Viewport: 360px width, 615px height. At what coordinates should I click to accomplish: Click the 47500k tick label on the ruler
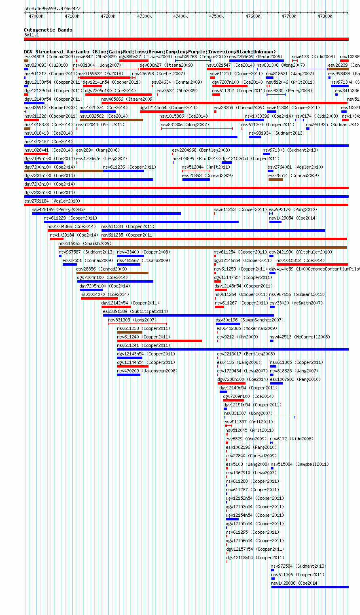(216, 16)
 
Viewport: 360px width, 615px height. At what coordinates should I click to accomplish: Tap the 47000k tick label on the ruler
(36, 16)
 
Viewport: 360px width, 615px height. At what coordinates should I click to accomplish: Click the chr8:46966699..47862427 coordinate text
(52, 8)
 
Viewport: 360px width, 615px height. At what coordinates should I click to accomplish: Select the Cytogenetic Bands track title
(48, 30)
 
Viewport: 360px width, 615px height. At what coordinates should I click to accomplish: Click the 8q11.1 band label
(32, 35)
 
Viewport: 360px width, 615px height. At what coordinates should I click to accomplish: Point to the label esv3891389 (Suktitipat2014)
(135, 311)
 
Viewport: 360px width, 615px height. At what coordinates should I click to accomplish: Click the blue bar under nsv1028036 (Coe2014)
(309, 587)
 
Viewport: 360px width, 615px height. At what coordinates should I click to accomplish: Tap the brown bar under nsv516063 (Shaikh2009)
(203, 247)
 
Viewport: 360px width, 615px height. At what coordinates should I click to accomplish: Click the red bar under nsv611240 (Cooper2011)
(159, 341)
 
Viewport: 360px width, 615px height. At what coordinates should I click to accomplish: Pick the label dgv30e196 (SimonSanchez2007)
(249, 320)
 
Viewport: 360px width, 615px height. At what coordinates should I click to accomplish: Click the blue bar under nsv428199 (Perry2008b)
(106, 213)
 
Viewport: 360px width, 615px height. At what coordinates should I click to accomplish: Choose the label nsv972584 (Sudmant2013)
(298, 566)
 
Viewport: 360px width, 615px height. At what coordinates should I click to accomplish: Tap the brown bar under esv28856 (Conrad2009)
(112, 273)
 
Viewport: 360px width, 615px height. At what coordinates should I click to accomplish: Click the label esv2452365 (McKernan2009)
(247, 328)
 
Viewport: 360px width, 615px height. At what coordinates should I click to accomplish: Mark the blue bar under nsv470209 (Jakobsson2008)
(129, 375)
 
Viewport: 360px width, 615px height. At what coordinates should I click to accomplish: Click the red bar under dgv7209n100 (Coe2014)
(233, 400)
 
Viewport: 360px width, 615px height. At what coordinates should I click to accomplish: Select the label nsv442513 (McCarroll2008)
(300, 337)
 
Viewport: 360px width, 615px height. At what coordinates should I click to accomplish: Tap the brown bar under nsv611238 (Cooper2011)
(130, 332)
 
